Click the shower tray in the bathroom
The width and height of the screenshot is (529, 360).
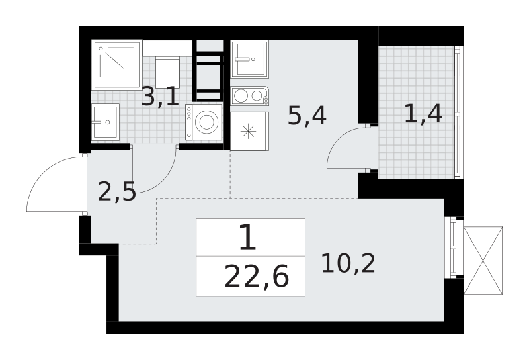[117, 64]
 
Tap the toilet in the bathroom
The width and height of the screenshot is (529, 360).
[167, 69]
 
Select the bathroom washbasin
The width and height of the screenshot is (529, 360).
[105, 121]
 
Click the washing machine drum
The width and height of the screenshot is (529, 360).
[208, 122]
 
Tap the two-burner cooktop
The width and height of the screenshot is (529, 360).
[250, 96]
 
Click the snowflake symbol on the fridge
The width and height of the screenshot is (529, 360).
[248, 130]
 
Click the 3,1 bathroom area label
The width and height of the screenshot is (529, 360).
[160, 97]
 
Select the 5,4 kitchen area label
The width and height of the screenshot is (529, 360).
[306, 116]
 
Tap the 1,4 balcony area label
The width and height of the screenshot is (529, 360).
[423, 114]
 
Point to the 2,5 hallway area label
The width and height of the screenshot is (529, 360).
[116, 192]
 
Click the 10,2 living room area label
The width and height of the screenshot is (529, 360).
[348, 263]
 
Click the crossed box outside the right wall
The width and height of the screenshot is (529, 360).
[482, 260]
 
